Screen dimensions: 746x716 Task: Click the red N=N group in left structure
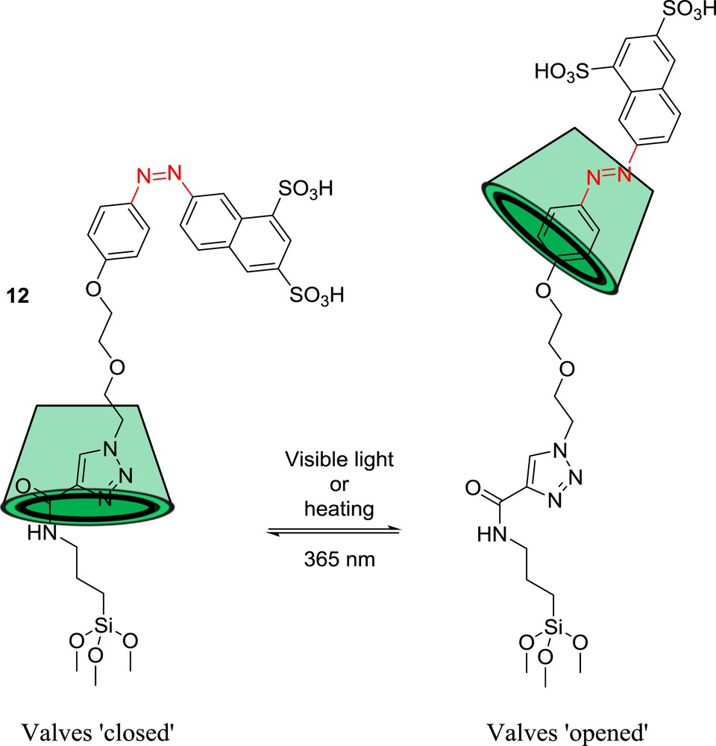[158, 175]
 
